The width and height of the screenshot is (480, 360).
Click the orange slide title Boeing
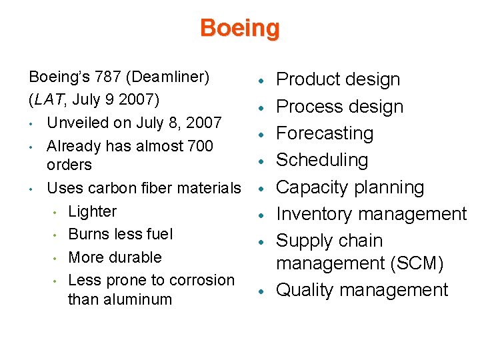(x=239, y=29)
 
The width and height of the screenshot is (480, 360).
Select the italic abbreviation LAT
(x=46, y=100)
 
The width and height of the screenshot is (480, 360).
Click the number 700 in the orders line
(x=200, y=145)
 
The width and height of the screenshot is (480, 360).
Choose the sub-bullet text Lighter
(x=92, y=211)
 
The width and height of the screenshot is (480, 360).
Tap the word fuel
(x=160, y=234)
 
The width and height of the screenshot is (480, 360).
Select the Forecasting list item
(x=325, y=133)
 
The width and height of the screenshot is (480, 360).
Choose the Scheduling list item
(x=322, y=160)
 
